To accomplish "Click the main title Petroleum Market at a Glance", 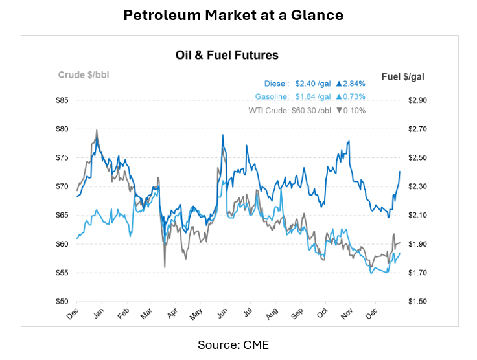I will coord(238,14).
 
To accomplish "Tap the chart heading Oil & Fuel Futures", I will coord(227,55).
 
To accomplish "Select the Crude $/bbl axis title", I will coord(84,74).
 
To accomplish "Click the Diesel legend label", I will coord(277,84).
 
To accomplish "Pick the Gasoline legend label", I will coord(272,97).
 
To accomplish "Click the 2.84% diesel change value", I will coord(351,84).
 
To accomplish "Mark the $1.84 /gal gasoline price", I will coord(312,97).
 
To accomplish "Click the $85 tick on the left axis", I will coord(62,100).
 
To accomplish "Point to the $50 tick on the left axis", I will coord(62,302).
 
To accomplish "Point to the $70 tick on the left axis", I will coord(62,186).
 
